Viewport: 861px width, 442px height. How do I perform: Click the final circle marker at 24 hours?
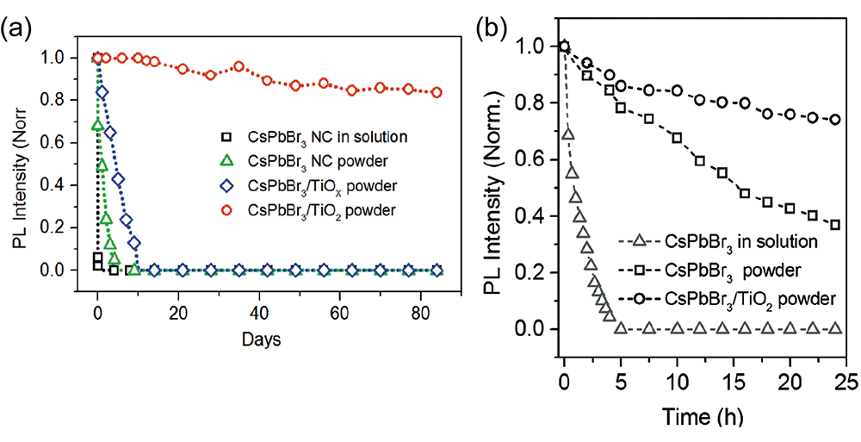pyautogui.click(x=835, y=120)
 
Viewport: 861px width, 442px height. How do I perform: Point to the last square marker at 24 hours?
pyautogui.click(x=835, y=225)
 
